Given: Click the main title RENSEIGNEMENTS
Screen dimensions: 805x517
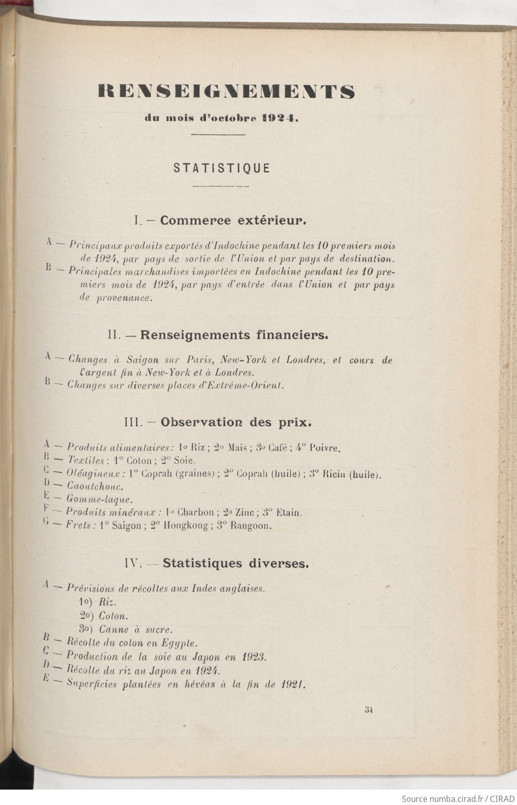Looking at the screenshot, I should pos(226,92).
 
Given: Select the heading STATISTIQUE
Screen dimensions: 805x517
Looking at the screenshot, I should pos(221,168).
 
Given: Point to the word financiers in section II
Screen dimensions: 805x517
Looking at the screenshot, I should pos(292,335).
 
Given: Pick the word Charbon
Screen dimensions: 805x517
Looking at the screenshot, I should pos(195,512).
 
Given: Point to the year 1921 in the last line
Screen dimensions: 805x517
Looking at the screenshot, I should pos(293,684).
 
